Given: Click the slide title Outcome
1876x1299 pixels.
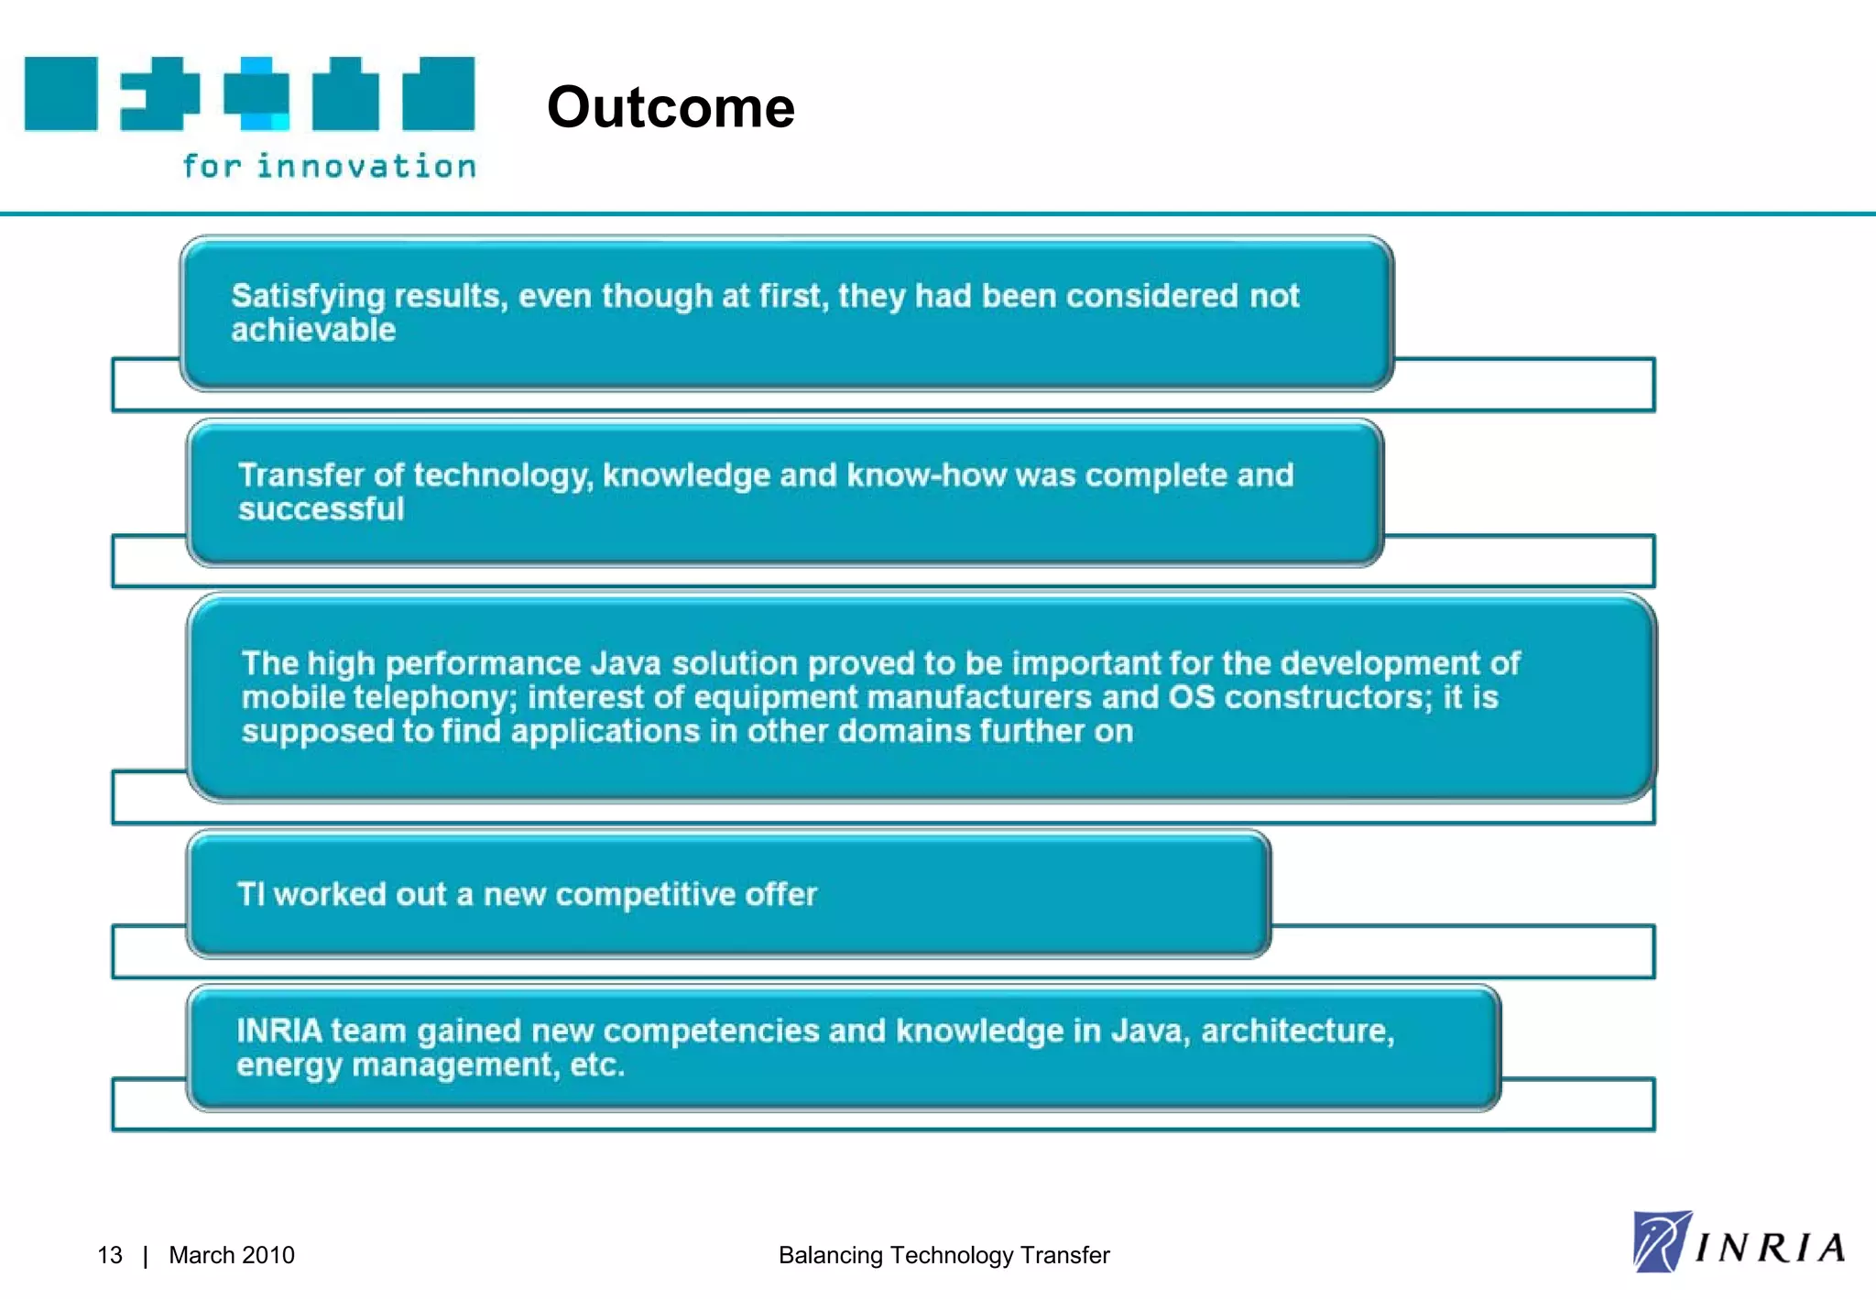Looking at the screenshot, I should (x=671, y=107).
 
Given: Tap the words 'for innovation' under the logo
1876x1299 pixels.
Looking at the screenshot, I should (x=329, y=166).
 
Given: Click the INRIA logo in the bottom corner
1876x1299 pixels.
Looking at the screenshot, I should (x=1739, y=1242).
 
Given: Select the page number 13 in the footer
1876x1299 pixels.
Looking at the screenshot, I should (x=109, y=1255).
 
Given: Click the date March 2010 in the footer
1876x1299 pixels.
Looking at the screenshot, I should (x=232, y=1255).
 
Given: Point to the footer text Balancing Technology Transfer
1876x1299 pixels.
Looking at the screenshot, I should (x=943, y=1255).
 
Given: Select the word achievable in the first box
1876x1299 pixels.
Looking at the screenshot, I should (x=313, y=330).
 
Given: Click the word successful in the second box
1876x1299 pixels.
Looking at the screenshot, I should (x=321, y=508).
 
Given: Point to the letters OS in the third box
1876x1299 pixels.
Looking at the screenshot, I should (x=1191, y=697).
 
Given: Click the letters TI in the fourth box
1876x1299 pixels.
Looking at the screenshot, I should (x=250, y=894).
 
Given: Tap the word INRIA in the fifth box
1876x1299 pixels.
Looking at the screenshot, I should (x=279, y=1031).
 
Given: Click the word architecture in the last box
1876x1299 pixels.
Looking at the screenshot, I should (x=1296, y=1031).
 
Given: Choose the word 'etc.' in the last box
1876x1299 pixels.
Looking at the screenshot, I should (x=597, y=1064).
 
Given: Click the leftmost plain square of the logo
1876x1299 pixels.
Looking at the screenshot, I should (x=60, y=93).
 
